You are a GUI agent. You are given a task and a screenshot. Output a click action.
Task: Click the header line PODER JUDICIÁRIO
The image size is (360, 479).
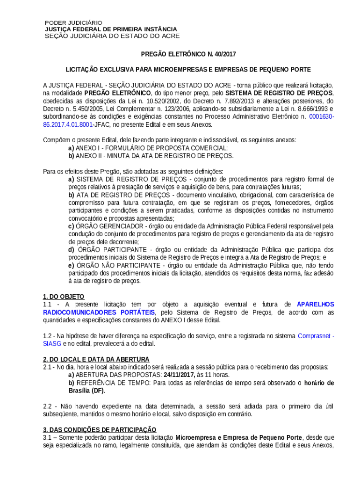click(x=73, y=22)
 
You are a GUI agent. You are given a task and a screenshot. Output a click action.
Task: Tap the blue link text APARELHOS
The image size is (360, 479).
click(x=315, y=304)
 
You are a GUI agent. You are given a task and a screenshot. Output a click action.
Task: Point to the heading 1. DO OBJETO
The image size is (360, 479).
click(x=64, y=297)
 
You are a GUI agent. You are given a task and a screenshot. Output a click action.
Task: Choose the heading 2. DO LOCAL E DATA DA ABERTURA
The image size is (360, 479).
click(x=96, y=359)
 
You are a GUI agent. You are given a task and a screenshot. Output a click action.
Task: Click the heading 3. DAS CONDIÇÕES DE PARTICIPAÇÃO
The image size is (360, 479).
click(x=100, y=429)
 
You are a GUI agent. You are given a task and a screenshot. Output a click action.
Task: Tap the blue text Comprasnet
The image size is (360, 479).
click(x=314, y=336)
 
